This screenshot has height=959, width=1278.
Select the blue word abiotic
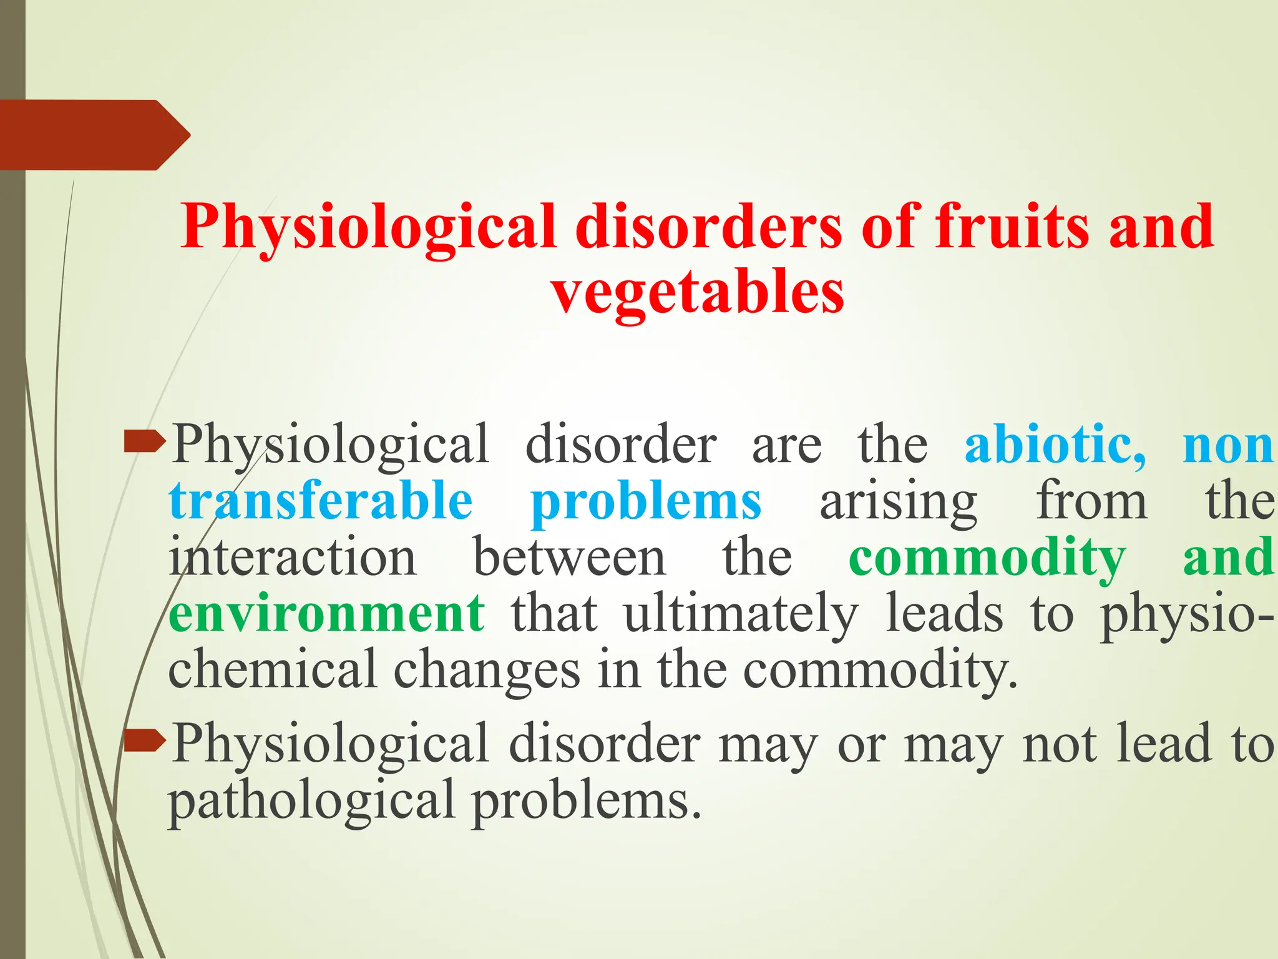coord(1054,445)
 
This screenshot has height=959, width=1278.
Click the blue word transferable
coord(320,501)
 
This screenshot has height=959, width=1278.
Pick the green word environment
coord(326,613)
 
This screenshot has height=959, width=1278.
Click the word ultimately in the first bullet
coord(741,614)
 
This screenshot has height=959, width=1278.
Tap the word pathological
coord(311,802)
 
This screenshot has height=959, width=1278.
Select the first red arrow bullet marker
coord(144,443)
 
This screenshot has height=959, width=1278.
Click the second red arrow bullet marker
coord(144,741)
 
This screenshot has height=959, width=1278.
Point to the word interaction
coord(292,557)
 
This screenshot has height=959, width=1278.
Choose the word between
coord(569,557)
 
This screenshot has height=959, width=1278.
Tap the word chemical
coord(272,669)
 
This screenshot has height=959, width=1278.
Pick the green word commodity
coord(987,558)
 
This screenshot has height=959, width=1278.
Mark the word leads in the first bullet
coord(944,613)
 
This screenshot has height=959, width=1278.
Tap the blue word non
coord(1227,446)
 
